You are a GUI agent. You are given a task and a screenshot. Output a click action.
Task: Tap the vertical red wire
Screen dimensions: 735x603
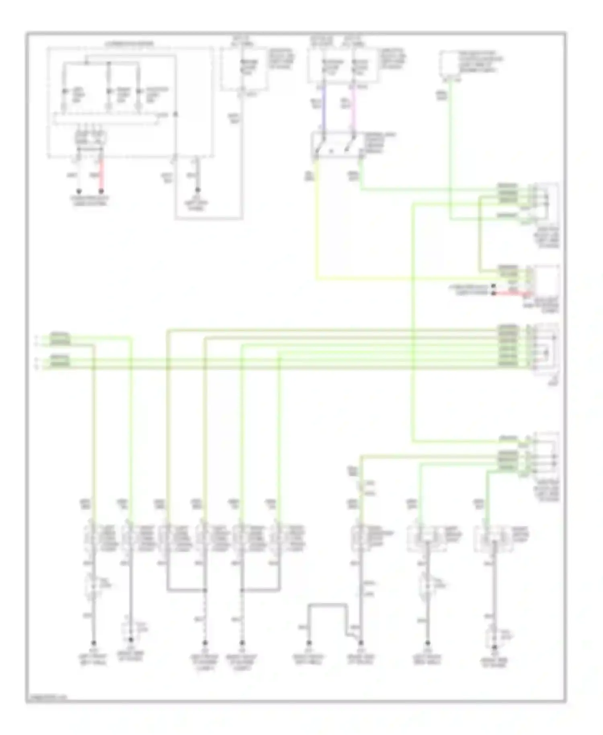(x=101, y=175)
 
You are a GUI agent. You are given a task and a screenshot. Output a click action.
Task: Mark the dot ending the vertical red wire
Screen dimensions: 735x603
(x=101, y=191)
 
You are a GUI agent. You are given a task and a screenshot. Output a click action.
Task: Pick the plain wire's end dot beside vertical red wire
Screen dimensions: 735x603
(x=79, y=191)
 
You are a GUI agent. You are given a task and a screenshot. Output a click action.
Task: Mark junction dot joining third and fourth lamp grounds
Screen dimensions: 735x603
(x=205, y=590)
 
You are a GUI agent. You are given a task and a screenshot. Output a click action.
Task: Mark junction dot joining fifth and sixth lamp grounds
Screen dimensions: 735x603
(x=242, y=590)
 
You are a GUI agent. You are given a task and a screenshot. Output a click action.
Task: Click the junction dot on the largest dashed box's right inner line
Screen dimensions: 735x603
(x=175, y=115)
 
